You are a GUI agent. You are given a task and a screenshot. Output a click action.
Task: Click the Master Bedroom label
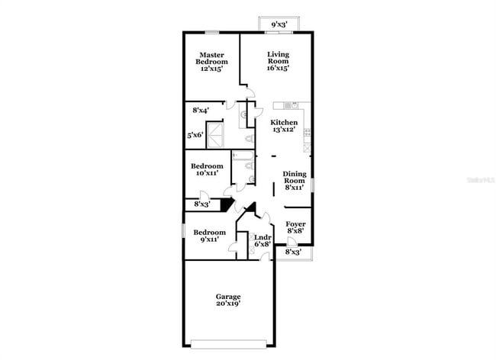point(211,61)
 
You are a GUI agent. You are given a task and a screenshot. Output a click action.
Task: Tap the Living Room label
point(278,61)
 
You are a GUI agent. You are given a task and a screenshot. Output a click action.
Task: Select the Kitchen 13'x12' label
point(284,126)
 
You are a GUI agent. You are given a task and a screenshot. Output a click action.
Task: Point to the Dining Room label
point(294,179)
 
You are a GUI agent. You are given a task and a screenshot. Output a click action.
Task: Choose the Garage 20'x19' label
point(227,300)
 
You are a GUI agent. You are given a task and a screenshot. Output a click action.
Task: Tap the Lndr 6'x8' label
point(262,240)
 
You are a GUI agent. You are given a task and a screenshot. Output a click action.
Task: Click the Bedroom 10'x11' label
point(206,169)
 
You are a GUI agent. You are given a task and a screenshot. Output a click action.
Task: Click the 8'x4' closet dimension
point(201,111)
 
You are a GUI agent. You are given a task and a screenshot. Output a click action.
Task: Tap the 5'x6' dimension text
point(195,136)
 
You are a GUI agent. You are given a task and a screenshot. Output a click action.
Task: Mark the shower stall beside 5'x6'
point(218,136)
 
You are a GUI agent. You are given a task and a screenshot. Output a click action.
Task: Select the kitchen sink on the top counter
point(290,105)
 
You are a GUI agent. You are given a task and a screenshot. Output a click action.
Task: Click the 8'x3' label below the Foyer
point(293,252)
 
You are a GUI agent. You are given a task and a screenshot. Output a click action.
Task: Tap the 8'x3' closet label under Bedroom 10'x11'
point(201,204)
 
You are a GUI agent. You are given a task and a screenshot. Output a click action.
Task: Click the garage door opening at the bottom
point(227,343)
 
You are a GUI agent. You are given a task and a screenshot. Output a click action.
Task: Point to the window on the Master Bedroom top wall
point(212,32)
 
